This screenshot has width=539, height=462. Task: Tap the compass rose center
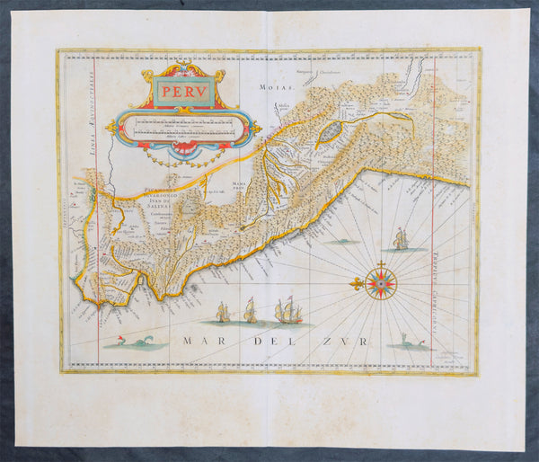381,286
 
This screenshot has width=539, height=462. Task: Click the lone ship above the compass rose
400,238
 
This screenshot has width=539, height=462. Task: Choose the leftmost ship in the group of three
223,312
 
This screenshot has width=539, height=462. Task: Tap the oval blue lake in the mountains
330,133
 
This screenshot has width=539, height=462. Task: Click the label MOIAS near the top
269,88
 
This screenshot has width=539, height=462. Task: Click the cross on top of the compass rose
381,263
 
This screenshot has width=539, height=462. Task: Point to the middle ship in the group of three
251,310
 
